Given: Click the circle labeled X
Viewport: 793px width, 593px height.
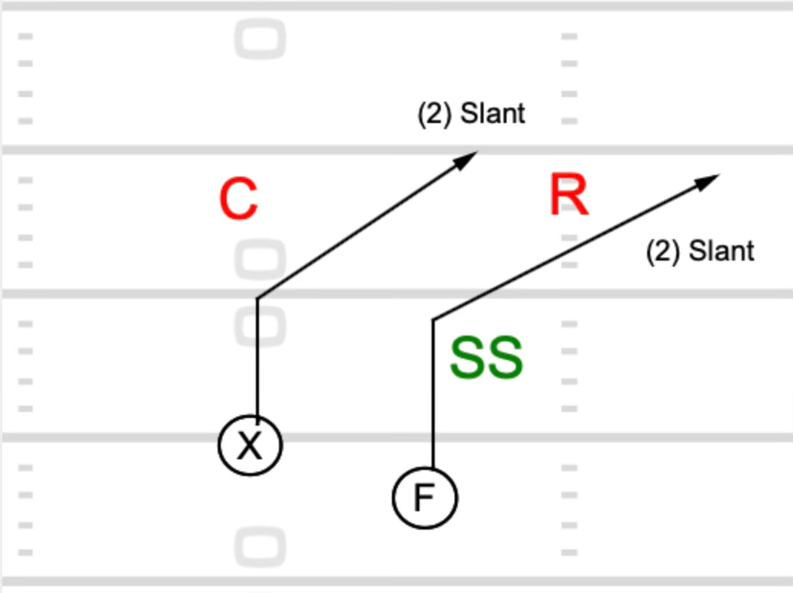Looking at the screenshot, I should (x=251, y=446).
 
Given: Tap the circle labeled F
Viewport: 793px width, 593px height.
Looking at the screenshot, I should (x=425, y=498).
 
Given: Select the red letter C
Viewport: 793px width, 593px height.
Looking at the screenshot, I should (x=238, y=200).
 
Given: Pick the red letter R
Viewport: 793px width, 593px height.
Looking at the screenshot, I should (x=569, y=196).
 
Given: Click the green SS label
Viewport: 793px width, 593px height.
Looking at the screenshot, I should (x=486, y=358).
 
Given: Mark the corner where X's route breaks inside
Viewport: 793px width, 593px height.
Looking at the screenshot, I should (x=257, y=298).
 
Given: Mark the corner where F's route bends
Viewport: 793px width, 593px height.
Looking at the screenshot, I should (x=433, y=319).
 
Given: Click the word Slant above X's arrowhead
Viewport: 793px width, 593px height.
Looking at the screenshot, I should (x=494, y=114).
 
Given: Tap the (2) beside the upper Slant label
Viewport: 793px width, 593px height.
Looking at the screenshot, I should (x=434, y=114).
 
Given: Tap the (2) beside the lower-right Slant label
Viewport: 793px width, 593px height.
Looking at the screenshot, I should (x=662, y=251).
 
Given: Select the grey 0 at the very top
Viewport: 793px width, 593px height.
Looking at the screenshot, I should (x=261, y=39).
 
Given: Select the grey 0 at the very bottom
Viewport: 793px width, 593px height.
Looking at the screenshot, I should (x=261, y=547).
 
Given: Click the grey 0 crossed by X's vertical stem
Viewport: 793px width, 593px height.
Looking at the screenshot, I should (x=261, y=327).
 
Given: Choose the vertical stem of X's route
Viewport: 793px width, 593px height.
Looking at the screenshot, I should (x=257, y=359).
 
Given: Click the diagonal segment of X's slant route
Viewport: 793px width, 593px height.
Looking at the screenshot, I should (x=359, y=230).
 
